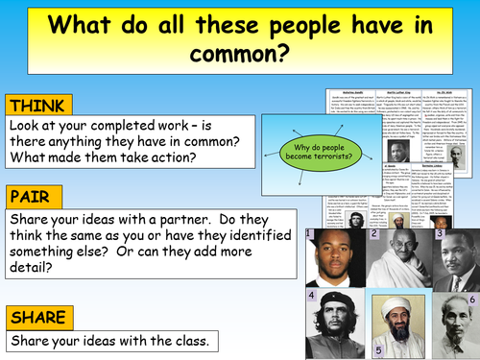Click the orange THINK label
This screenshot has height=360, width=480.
coord(36,105)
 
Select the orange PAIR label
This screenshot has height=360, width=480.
coord(31,198)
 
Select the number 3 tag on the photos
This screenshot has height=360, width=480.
coord(439,234)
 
